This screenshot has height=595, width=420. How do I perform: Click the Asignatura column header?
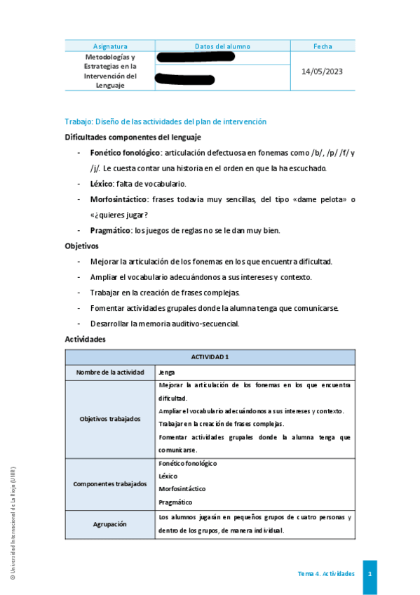click(x=110, y=46)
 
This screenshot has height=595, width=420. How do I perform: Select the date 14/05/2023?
click(x=323, y=72)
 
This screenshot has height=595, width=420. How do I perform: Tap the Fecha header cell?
click(x=323, y=46)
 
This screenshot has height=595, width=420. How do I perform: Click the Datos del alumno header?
click(x=222, y=46)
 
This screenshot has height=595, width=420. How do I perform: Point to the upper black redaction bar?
click(x=196, y=56)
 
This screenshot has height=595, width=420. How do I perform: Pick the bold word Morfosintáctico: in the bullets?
click(x=119, y=199)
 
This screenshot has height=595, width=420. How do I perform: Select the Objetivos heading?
click(x=82, y=246)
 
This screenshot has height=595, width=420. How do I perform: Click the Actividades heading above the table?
click(x=85, y=339)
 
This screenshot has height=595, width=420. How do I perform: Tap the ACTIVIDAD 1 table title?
click(x=210, y=356)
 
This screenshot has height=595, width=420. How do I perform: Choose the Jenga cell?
click(x=167, y=373)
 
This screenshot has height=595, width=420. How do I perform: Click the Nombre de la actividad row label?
click(x=110, y=373)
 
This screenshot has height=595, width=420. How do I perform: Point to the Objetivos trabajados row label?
click(x=110, y=419)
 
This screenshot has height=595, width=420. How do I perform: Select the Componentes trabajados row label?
click(x=110, y=484)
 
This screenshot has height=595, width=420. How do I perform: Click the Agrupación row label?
click(x=110, y=523)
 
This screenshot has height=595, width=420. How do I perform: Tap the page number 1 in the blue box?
click(x=370, y=574)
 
